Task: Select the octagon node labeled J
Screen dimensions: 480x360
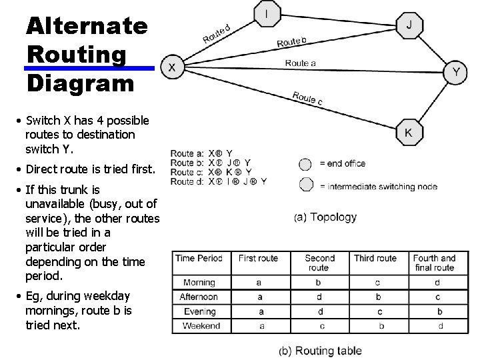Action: click(x=409, y=26)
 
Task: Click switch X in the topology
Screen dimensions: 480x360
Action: click(x=172, y=67)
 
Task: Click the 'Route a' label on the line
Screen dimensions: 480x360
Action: click(x=301, y=63)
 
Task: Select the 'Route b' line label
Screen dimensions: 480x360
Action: click(x=292, y=42)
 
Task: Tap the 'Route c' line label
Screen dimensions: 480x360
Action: click(x=307, y=98)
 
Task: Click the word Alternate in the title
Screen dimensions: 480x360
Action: click(x=87, y=27)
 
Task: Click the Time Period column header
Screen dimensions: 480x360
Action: click(x=199, y=259)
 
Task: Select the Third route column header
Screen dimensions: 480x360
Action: click(x=375, y=259)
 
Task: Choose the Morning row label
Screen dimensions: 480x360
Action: click(x=199, y=283)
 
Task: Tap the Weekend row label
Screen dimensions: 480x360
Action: click(x=201, y=326)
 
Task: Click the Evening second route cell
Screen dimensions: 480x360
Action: click(x=319, y=311)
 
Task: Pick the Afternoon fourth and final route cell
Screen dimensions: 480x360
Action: click(x=438, y=297)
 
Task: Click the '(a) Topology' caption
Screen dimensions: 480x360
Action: click(x=325, y=217)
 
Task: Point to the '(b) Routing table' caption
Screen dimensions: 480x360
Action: click(x=320, y=351)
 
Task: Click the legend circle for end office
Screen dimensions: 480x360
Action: click(x=305, y=164)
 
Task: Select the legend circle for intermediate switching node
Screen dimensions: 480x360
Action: click(x=305, y=185)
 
